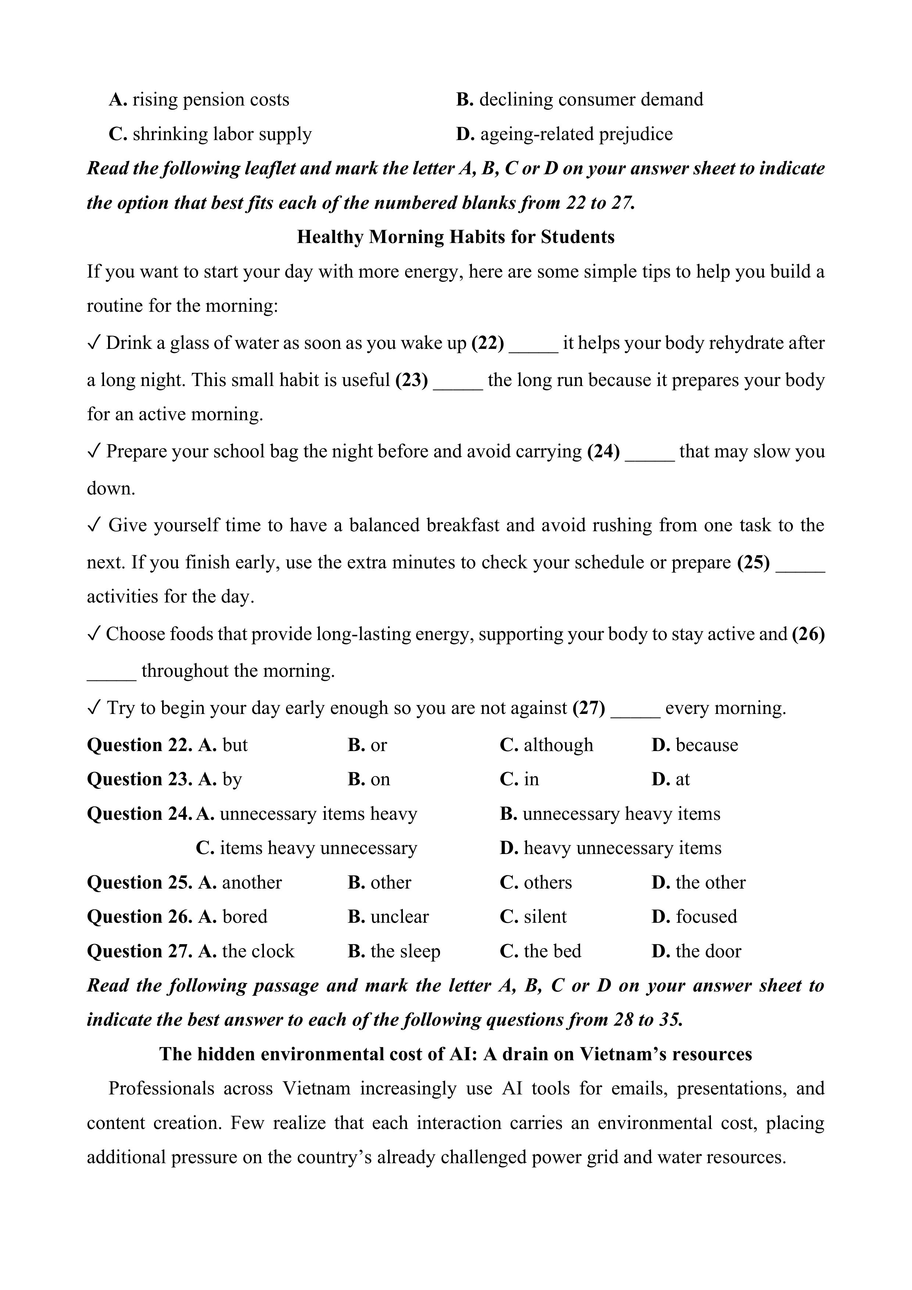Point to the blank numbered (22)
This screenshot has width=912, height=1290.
pyautogui.click(x=533, y=343)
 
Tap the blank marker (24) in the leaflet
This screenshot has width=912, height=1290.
pyautogui.click(x=604, y=452)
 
